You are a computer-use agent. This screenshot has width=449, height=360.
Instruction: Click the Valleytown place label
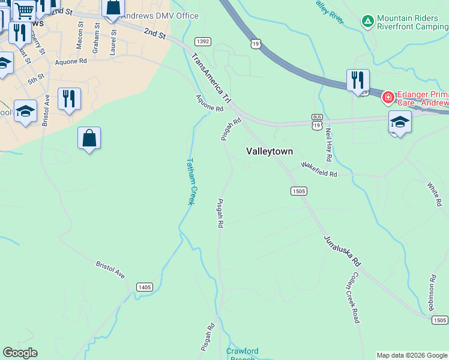(270, 152)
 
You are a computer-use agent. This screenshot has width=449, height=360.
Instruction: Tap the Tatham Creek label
(190, 181)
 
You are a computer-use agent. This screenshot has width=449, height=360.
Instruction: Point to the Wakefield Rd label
(319, 169)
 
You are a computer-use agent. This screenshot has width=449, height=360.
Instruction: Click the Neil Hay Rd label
(328, 145)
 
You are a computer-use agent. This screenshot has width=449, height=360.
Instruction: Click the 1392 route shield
(202, 41)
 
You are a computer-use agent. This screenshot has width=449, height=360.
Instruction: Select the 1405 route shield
(144, 287)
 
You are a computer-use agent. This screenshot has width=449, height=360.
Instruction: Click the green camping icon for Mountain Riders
(367, 22)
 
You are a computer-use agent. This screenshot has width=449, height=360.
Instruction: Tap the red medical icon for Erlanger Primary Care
(388, 97)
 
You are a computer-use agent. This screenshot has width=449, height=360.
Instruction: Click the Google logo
(20, 353)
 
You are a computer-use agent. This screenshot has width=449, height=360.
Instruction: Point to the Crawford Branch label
(243, 354)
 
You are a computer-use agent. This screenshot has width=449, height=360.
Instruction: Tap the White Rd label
(433, 194)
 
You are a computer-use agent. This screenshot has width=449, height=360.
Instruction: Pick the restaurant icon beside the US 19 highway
(358, 80)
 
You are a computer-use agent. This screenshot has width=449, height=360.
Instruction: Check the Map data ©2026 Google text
(412, 355)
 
